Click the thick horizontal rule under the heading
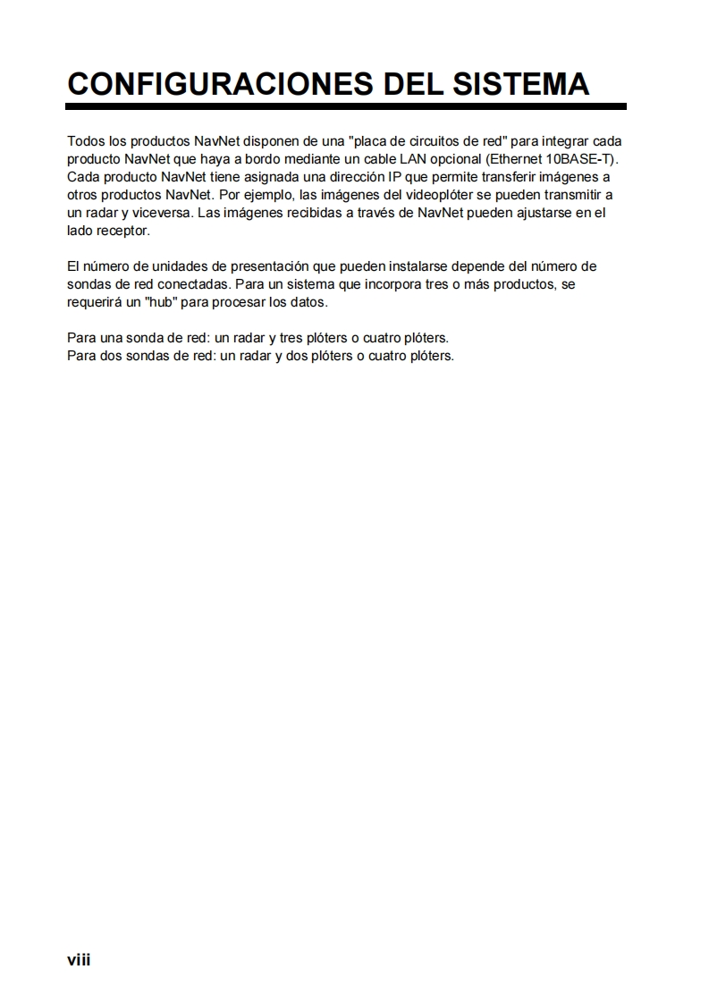click(346, 106)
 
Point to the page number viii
click(79, 960)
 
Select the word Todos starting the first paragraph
click(85, 142)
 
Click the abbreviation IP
click(394, 176)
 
